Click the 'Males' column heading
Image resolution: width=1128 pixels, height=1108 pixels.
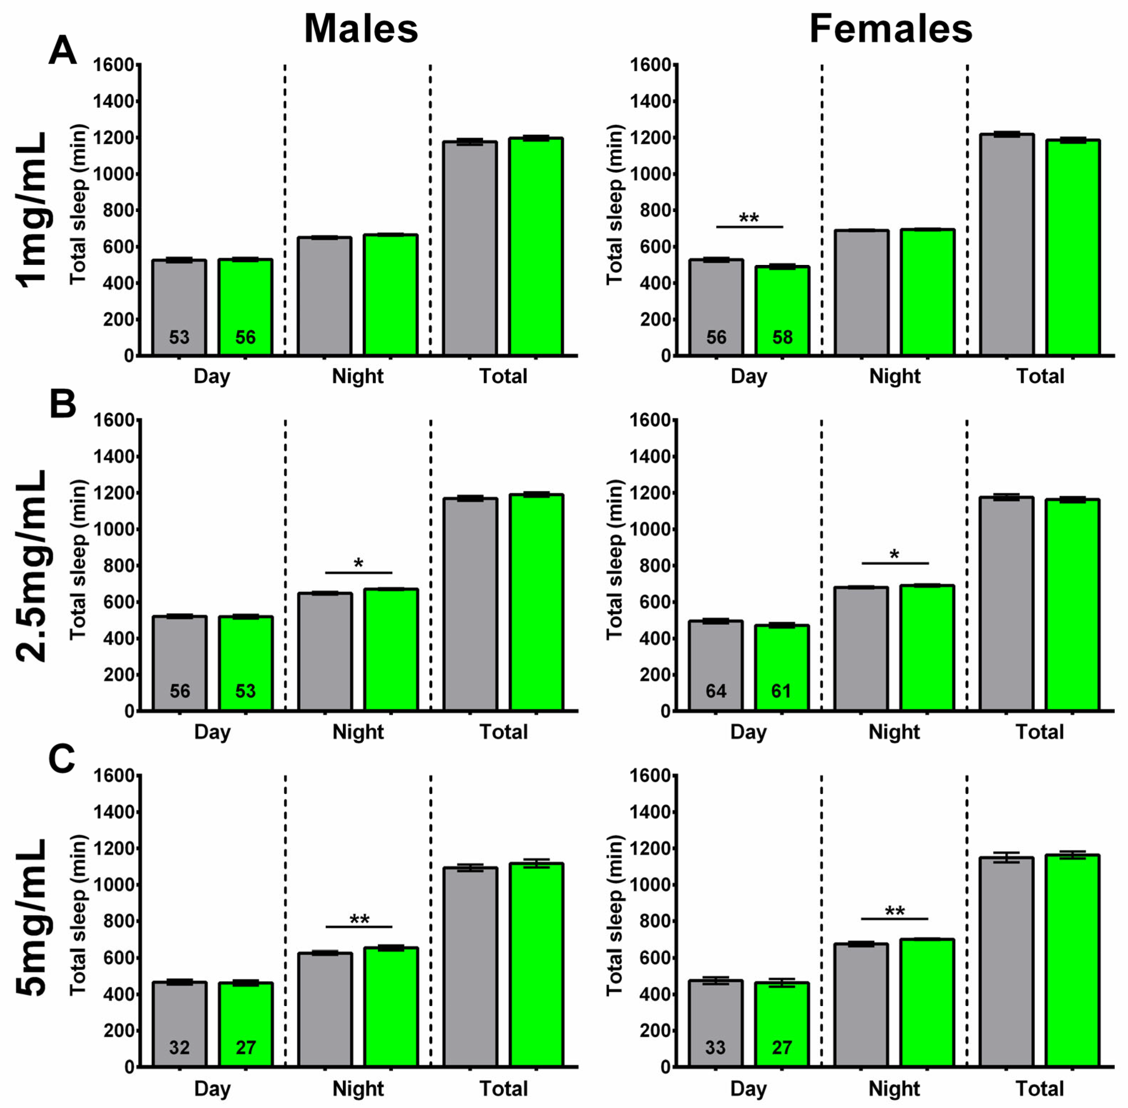pyautogui.click(x=361, y=29)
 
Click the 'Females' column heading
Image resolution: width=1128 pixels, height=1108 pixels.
pyautogui.click(x=891, y=29)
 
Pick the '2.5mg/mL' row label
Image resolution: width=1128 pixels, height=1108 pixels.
pyautogui.click(x=32, y=566)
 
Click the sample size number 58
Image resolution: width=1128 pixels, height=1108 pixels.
pyautogui.click(x=782, y=337)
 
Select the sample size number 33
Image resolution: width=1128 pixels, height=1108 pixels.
pyautogui.click(x=715, y=1048)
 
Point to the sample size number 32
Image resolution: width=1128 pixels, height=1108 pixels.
pyautogui.click(x=179, y=1048)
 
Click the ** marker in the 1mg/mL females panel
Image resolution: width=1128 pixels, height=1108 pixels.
pyautogui.click(x=749, y=219)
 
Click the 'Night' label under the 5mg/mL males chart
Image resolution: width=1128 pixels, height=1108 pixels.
pyautogui.click(x=358, y=1088)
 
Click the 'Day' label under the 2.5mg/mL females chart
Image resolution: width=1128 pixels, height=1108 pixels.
pyautogui.click(x=749, y=732)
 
